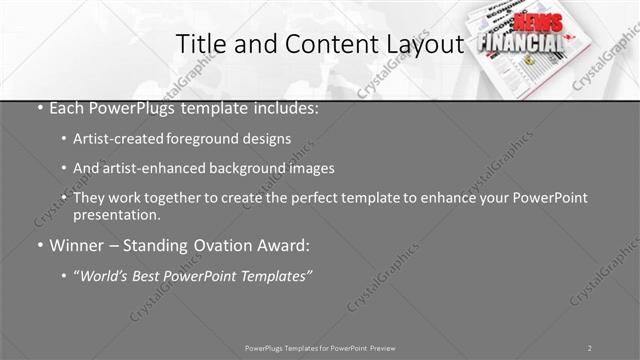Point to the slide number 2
pos(590,348)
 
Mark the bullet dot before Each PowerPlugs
pos(39,108)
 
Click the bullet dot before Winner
pos(39,245)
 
